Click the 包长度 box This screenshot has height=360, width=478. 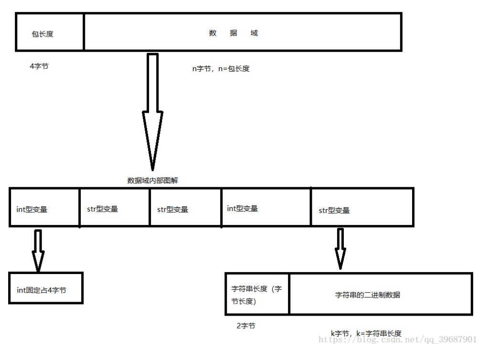(x=50, y=32)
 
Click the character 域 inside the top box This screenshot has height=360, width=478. (x=254, y=33)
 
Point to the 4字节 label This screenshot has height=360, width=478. (x=39, y=66)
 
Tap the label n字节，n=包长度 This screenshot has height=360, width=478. (x=221, y=68)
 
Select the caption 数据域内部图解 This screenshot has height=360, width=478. (x=152, y=180)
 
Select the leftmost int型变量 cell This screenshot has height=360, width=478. (x=44, y=208)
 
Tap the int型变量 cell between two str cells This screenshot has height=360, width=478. (x=266, y=208)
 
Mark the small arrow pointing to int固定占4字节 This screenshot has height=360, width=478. (x=38, y=250)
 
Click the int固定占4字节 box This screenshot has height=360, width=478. (x=46, y=288)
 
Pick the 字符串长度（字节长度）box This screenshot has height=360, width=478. (x=257, y=294)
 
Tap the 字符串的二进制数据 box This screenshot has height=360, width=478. (x=381, y=294)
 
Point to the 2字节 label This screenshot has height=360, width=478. (x=245, y=326)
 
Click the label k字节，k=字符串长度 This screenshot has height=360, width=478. (x=366, y=333)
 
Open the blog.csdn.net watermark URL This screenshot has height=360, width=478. (x=397, y=339)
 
